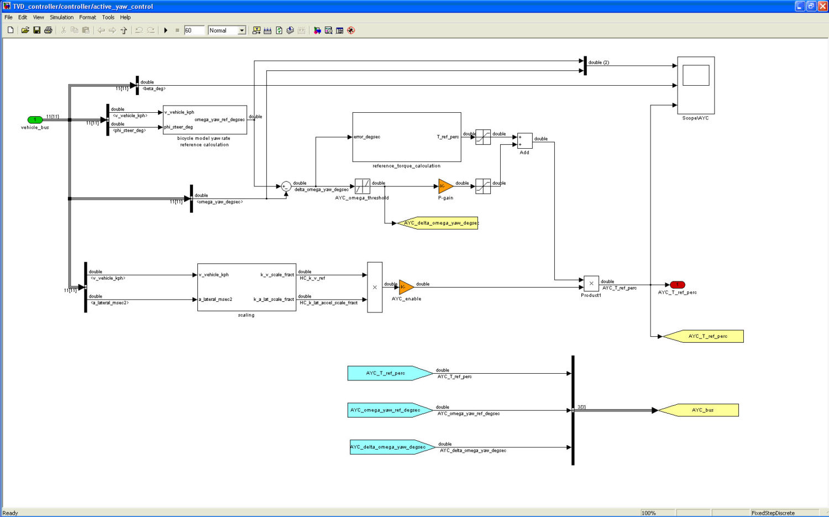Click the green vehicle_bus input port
pos(35,120)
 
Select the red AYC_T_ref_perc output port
pos(677,285)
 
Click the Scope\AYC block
pos(696,85)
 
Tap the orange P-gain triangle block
pos(445,186)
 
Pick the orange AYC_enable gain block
pos(406,287)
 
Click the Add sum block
pos(524,141)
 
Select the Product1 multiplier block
pos(591,284)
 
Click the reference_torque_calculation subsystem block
pos(407,137)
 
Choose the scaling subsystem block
pos(246,287)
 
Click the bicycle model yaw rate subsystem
pos(204,119)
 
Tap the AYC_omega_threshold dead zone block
pos(362,186)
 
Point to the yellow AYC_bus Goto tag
pos(700,410)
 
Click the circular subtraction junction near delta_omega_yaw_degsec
pos(286,186)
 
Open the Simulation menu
pos(61,17)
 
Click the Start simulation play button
pos(165,30)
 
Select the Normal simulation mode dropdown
pos(227,30)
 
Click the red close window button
pos(822,6)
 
